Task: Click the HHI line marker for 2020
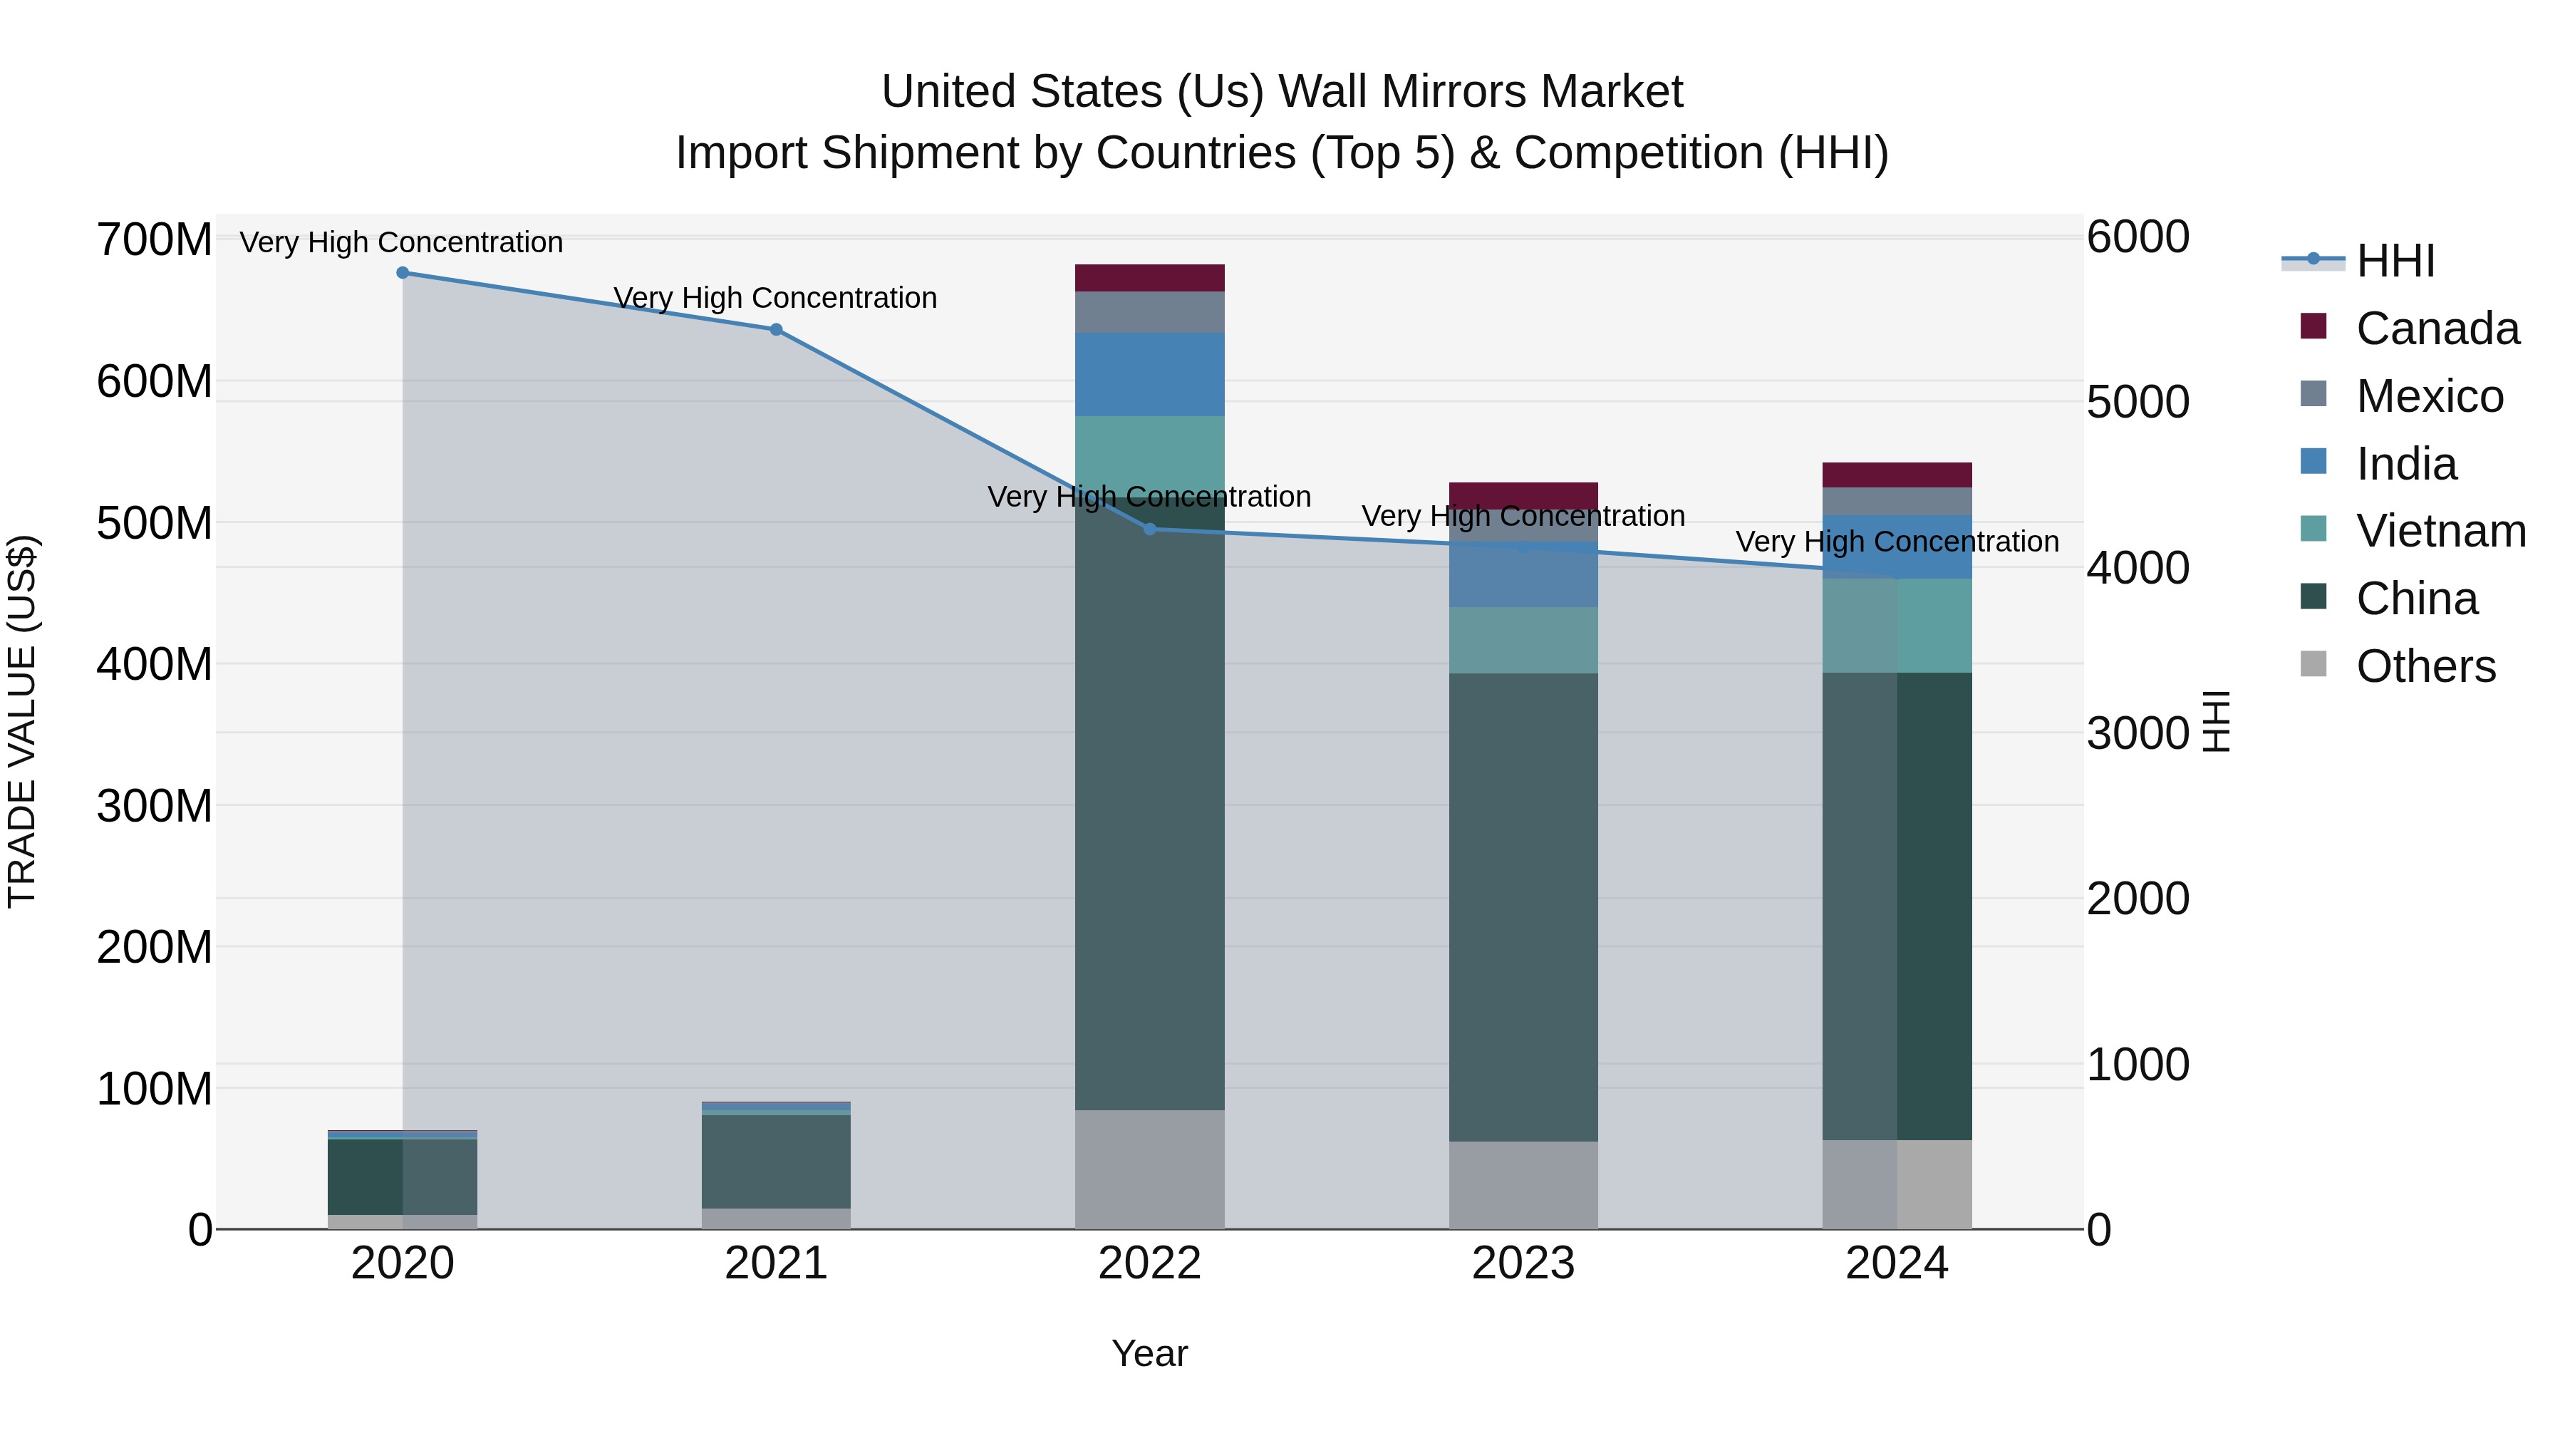click(x=403, y=273)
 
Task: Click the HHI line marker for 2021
click(x=776, y=330)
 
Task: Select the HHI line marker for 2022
click(x=1149, y=529)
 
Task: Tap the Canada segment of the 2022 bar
click(x=1149, y=278)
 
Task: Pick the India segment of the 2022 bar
click(x=1149, y=374)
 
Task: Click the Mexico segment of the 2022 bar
click(x=1149, y=311)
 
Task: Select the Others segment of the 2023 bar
click(x=1523, y=1185)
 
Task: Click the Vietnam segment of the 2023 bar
click(x=1523, y=641)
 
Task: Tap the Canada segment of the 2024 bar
click(x=1896, y=475)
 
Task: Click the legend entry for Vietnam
click(x=2440, y=531)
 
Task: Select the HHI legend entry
click(x=2395, y=261)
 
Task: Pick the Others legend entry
click(x=2425, y=666)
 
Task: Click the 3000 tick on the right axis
click(x=2137, y=734)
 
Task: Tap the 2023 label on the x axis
click(x=1523, y=1263)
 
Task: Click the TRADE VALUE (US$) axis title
click(x=22, y=721)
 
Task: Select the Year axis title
click(x=1149, y=1353)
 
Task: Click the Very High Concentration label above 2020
click(x=401, y=242)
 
